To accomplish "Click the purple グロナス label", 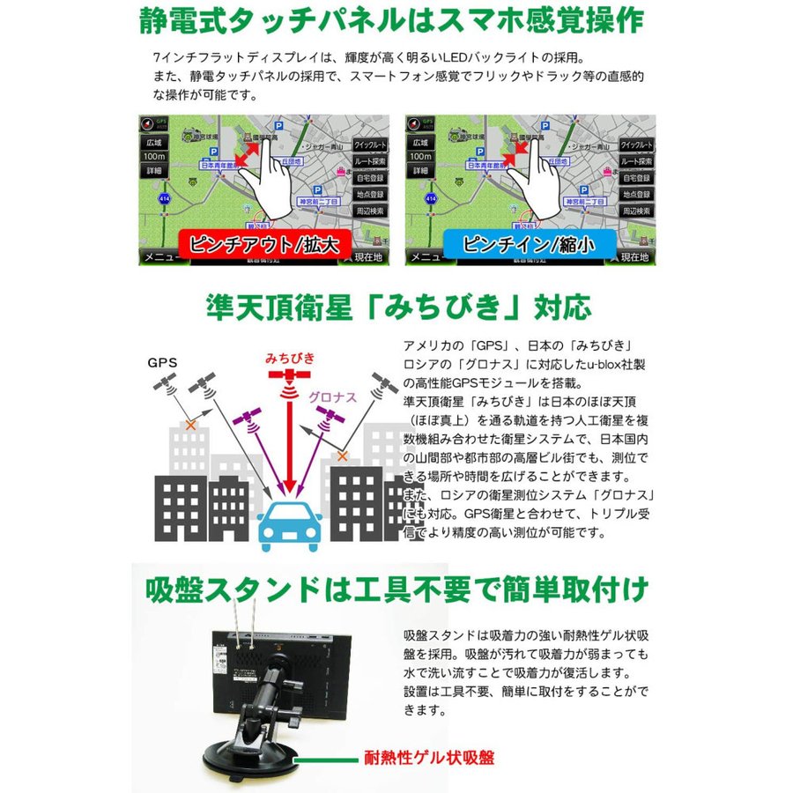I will [332, 397].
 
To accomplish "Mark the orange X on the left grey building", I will [189, 426].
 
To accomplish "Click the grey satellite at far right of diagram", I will [382, 382].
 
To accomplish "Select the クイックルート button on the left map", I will [369, 145].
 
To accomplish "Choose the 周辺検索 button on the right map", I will [635, 211].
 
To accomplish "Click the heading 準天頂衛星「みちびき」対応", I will [396, 308].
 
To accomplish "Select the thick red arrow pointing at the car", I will [286, 441].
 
